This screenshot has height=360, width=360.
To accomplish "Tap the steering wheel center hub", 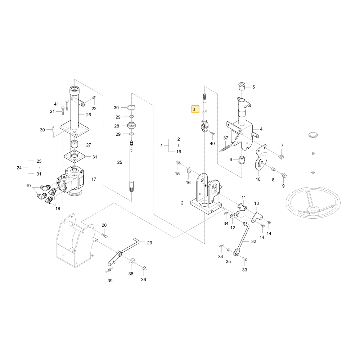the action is point(313,210).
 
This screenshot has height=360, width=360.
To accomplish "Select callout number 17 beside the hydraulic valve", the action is point(94,179).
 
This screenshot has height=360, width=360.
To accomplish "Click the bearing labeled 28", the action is point(131,126).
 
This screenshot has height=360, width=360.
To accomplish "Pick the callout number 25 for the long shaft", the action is point(120,162).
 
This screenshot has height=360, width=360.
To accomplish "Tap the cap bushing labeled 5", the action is point(242,86).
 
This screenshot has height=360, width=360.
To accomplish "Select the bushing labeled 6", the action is point(242,160).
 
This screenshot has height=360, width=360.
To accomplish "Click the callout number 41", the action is point(57,104).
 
